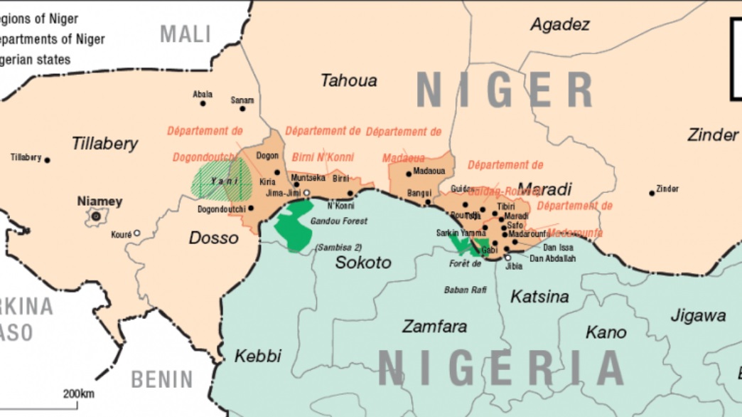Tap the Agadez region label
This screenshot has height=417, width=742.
[560, 25]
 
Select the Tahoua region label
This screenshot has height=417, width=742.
[348, 80]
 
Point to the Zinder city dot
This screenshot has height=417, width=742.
[652, 193]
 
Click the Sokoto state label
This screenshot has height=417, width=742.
[363, 263]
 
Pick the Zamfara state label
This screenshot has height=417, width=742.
[434, 327]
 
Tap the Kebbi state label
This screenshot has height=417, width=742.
[258, 356]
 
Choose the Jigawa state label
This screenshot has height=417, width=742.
[698, 316]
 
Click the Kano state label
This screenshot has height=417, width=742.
[606, 332]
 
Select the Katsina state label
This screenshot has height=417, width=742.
[540, 297]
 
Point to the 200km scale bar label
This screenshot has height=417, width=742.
[78, 394]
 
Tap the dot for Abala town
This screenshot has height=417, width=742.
[203, 103]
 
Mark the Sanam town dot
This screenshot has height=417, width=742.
[242, 108]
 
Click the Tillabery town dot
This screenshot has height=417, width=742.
[48, 160]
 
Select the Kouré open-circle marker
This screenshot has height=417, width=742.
[137, 233]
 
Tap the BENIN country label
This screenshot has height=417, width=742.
[162, 380]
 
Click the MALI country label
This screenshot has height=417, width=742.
[185, 33]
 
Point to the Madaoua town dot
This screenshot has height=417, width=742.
[409, 173]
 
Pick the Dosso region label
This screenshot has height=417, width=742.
[213, 238]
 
